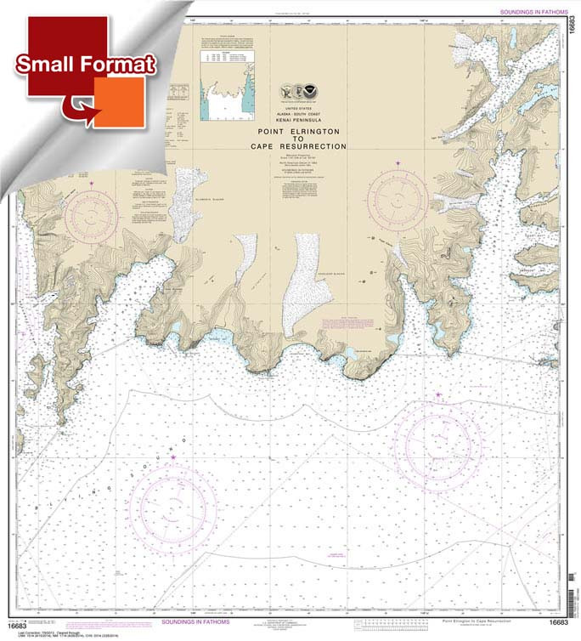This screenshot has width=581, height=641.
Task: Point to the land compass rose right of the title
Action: coord(398,201)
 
